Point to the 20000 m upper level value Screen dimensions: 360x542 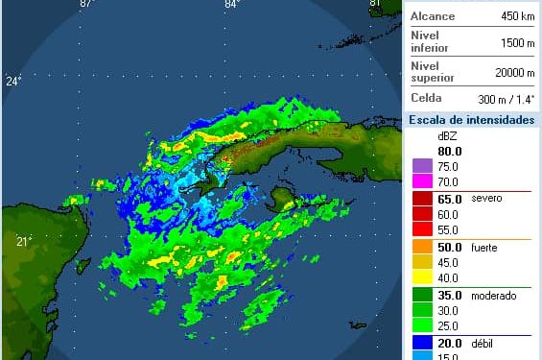(x=514, y=72)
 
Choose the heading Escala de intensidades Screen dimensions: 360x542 (x=470, y=120)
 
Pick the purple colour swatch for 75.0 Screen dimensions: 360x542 (x=420, y=165)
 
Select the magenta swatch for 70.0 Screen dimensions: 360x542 (x=420, y=180)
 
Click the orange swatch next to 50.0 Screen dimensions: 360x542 (x=420, y=247)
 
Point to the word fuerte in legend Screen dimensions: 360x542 (x=484, y=247)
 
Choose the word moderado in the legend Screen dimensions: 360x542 (x=493, y=296)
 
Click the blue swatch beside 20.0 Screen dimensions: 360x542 (x=420, y=344)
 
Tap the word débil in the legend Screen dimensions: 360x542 (x=483, y=344)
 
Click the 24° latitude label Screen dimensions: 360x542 (x=13, y=82)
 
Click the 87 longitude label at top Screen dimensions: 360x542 (x=85, y=4)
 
